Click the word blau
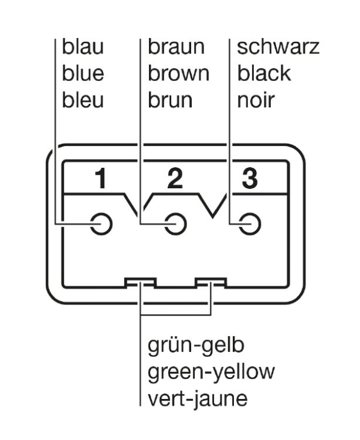(x=83, y=48)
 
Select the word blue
(x=83, y=74)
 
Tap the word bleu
(x=83, y=100)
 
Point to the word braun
(x=176, y=48)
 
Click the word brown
(x=178, y=74)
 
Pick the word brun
(x=170, y=100)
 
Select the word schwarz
(x=278, y=48)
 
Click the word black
(x=264, y=74)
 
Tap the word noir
(x=255, y=100)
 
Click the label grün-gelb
(x=196, y=346)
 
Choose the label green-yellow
(x=211, y=372)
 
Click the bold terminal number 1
(x=101, y=180)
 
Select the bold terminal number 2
(x=175, y=180)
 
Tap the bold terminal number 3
(x=249, y=180)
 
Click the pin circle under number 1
(x=101, y=224)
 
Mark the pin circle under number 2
(x=175, y=224)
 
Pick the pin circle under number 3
(x=250, y=224)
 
